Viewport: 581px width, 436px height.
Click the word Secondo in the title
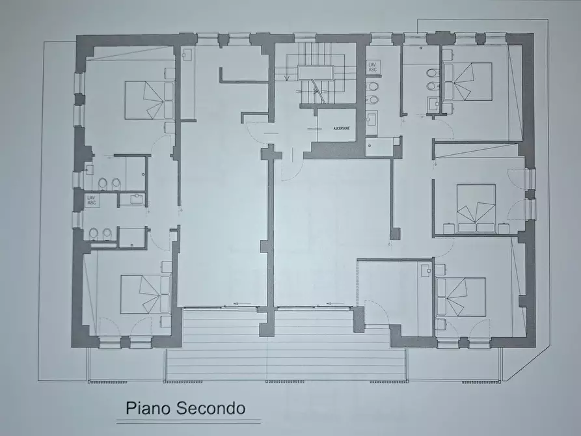coord(209,408)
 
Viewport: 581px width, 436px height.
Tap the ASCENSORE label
coord(341,129)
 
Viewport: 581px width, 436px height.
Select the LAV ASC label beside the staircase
coord(372,67)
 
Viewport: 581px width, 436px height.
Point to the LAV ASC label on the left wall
coord(92,200)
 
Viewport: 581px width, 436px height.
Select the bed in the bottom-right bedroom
coord(461,297)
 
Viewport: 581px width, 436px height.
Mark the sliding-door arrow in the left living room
coord(236,303)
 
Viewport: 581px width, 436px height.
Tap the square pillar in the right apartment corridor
coord(395,232)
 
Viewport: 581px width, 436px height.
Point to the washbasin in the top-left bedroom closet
coord(187,55)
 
